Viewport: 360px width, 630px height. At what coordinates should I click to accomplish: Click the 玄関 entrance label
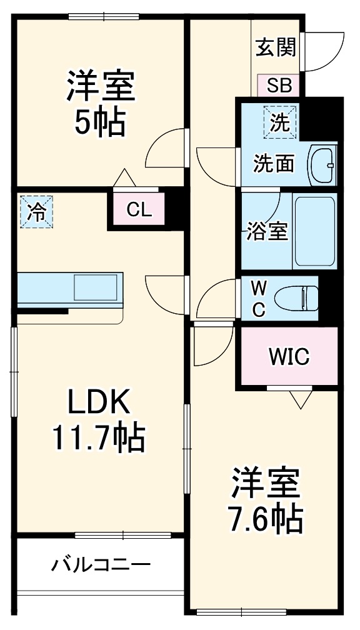pyautogui.click(x=275, y=47)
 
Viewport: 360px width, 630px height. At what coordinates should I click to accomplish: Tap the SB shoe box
pyautogui.click(x=279, y=85)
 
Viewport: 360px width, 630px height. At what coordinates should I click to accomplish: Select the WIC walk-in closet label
pyautogui.click(x=289, y=357)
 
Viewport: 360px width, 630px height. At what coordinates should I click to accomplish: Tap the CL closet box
pyautogui.click(x=138, y=210)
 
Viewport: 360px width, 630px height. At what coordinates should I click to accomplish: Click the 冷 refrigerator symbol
pyautogui.click(x=36, y=212)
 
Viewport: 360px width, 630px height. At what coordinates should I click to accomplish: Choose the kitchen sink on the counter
pyautogui.click(x=96, y=288)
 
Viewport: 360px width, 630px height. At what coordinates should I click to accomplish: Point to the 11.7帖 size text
pyautogui.click(x=99, y=438)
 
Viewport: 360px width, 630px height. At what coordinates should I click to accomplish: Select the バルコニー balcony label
pyautogui.click(x=101, y=566)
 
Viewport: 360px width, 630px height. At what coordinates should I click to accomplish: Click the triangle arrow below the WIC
pyautogui.click(x=301, y=399)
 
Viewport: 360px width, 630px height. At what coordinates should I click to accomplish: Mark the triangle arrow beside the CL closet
pyautogui.click(x=123, y=178)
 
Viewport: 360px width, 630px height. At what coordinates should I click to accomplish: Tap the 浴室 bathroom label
pyautogui.click(x=266, y=231)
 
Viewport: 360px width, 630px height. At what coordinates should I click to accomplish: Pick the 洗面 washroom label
pyautogui.click(x=273, y=164)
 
